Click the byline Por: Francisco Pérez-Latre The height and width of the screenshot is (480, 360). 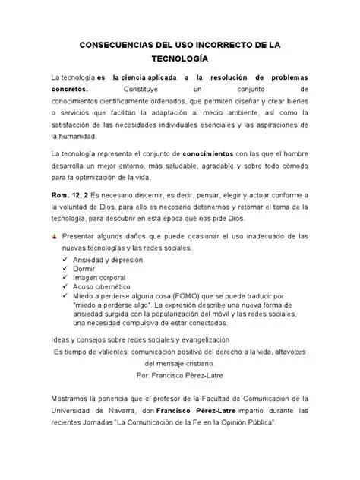[x=179, y=375]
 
